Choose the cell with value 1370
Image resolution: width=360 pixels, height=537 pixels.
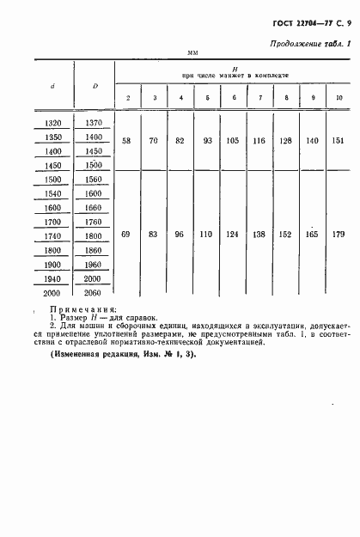(x=94, y=125)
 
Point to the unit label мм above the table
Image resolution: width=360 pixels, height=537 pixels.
(x=193, y=53)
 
